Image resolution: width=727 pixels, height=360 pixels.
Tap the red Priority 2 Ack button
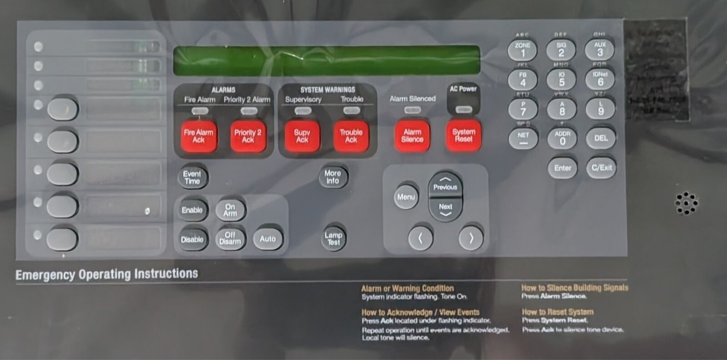248,136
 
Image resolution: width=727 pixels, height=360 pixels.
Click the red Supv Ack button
302,136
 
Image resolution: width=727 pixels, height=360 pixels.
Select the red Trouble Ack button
351,136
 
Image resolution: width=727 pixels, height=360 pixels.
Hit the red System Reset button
463,135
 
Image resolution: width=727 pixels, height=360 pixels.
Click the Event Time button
192,177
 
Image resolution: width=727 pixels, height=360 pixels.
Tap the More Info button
332,176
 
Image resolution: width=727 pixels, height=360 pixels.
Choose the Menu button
406,197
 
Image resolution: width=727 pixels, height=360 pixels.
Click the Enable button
192,210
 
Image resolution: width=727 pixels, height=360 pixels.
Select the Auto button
267,239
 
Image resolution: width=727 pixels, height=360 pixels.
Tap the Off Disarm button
230,239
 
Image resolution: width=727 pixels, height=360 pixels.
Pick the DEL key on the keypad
600,138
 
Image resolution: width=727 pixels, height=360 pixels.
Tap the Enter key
562,168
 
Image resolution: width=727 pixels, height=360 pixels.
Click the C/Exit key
600,168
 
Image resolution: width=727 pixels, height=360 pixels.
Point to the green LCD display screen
326,61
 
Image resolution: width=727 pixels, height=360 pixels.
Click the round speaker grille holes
686,203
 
